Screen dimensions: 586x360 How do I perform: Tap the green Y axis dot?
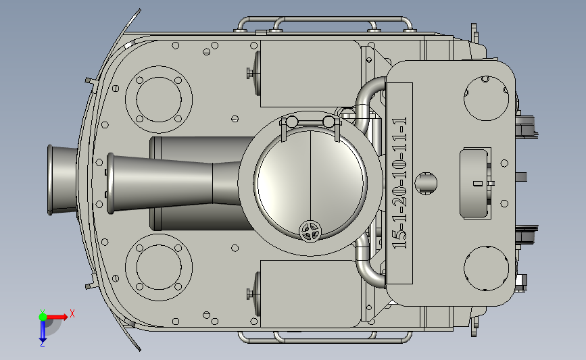pyautogui.click(x=43, y=317)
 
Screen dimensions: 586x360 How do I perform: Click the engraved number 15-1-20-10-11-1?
pyautogui.click(x=399, y=183)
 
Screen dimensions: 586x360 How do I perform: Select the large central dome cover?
pyautogui.click(x=310, y=184)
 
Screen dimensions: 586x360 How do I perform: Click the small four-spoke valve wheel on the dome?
pyautogui.click(x=310, y=232)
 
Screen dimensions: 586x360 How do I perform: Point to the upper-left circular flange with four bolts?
pyautogui.click(x=159, y=99)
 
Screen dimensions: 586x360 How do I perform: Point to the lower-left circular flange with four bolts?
pyautogui.click(x=159, y=267)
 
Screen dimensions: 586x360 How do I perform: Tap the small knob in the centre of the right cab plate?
pyautogui.click(x=426, y=183)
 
